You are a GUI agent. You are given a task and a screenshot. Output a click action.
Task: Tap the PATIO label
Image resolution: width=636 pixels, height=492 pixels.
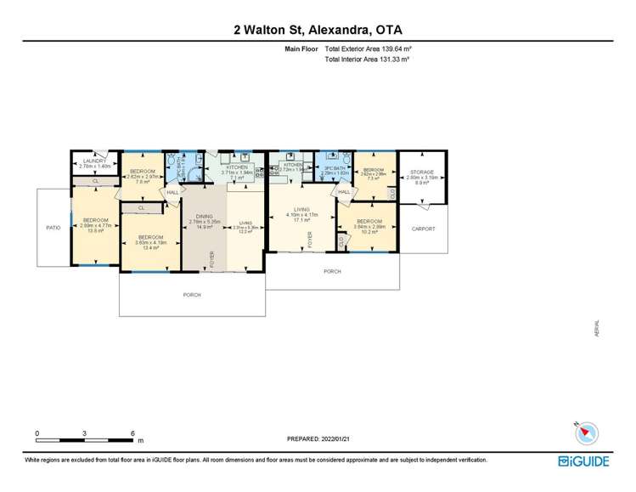[53, 228]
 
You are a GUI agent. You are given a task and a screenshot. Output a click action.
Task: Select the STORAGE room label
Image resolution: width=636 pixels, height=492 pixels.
[422, 172]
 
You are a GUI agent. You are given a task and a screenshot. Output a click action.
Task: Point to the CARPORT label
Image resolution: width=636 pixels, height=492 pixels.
[424, 229]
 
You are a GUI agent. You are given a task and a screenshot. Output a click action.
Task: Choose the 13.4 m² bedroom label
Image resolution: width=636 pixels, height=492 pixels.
[149, 237]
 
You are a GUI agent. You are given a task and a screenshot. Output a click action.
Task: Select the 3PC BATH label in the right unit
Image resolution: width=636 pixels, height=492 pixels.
[332, 168]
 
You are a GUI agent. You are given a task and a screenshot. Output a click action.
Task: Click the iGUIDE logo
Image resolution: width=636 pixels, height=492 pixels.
[585, 461]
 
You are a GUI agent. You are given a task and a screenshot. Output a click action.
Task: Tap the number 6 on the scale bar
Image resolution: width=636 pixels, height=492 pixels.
[133, 433]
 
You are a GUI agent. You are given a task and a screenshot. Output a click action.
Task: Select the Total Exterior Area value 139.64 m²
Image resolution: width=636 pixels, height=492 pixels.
[385, 50]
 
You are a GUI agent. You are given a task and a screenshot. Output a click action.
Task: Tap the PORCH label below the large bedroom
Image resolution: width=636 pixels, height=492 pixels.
[192, 295]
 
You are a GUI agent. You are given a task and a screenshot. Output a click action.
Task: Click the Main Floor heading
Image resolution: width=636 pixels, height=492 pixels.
[301, 50]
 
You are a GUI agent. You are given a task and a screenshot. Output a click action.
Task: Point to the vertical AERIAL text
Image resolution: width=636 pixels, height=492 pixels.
[597, 329]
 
